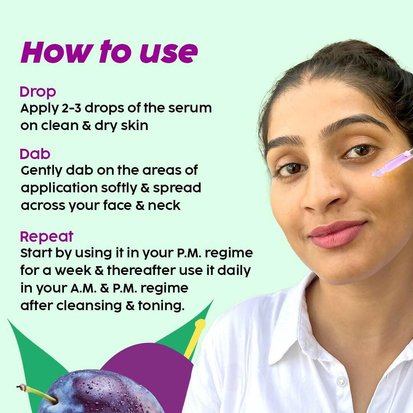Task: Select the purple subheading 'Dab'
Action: [x=35, y=154]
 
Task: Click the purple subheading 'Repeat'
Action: [x=47, y=237]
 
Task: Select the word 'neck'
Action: [x=164, y=205]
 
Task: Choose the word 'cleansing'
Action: [x=89, y=306]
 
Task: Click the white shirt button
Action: [x=341, y=381]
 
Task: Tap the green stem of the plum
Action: [x=37, y=393]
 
